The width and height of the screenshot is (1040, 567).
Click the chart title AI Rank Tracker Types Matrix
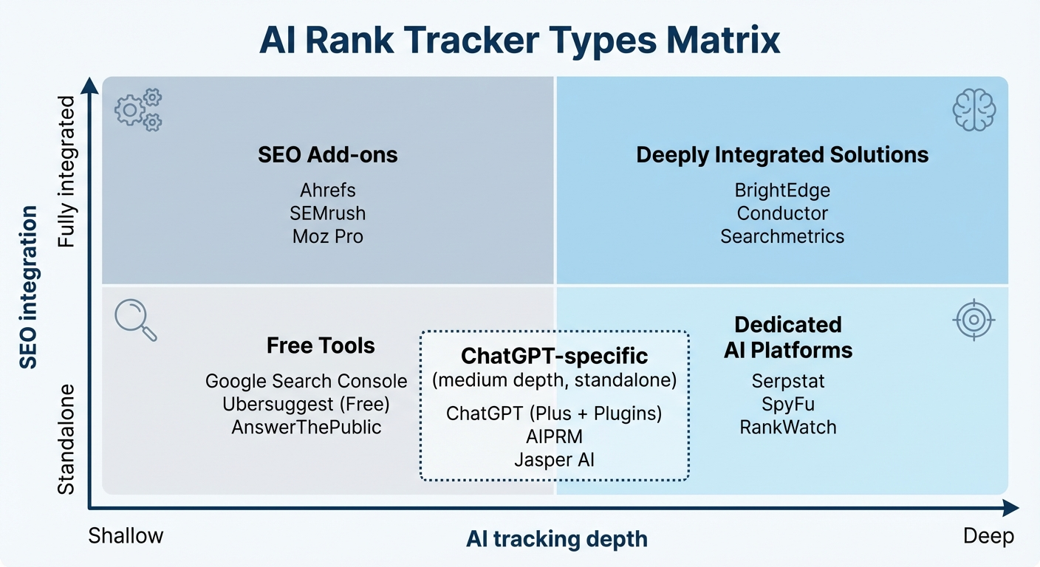pos(519,41)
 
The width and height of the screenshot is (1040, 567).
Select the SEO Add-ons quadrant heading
pos(328,155)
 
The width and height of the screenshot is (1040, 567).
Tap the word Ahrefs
pos(328,190)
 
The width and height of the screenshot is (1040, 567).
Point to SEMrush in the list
pos(328,213)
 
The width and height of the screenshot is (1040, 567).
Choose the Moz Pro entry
pos(328,236)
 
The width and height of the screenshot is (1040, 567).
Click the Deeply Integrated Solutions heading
pos(782,155)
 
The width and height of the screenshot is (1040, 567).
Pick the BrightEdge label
pos(782,190)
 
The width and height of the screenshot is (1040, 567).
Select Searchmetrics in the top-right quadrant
pos(782,236)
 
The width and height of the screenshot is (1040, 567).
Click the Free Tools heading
pos(321,346)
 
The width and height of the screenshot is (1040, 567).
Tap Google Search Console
pos(306,381)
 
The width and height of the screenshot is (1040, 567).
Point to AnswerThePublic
pos(306,427)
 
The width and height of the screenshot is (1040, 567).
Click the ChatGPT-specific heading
pos(554,356)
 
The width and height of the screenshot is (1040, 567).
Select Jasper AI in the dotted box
pos(554,459)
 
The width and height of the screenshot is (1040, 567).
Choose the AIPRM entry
pos(554,436)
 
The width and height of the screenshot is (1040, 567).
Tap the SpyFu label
pos(787,404)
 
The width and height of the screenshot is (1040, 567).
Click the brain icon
pos(974,110)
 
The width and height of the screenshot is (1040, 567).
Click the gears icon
pos(139,110)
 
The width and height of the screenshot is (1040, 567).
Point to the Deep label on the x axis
pos(988,536)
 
